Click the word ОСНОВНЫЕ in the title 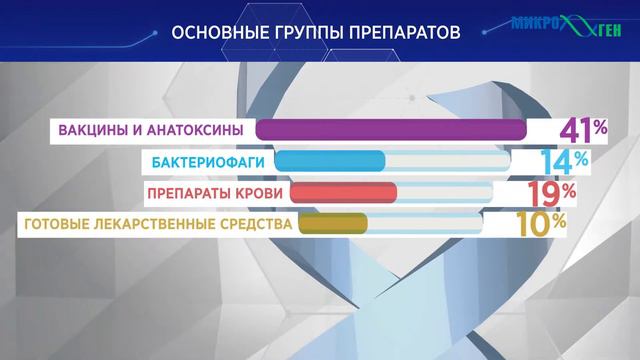click(216, 32)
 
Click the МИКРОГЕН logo click(565, 24)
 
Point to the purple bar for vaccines click(391, 130)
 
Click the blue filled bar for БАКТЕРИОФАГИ click(330, 161)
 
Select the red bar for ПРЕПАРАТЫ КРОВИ click(347, 192)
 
